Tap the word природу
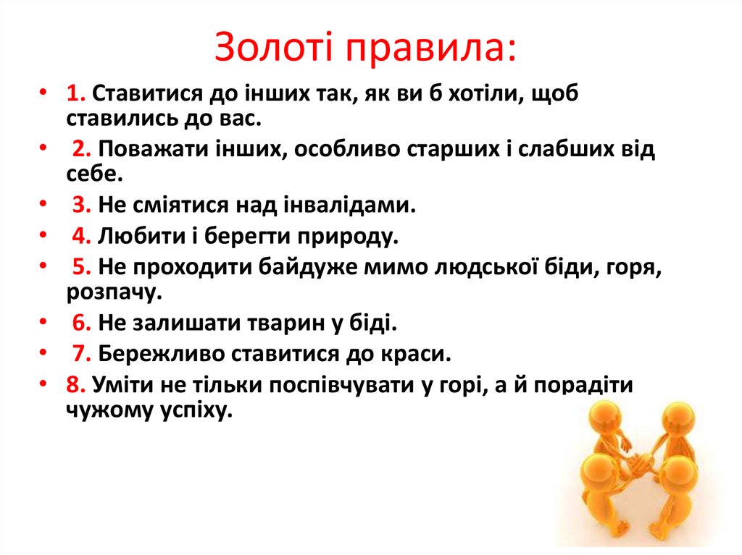(350, 237)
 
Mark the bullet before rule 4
(44, 236)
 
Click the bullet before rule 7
(44, 353)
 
